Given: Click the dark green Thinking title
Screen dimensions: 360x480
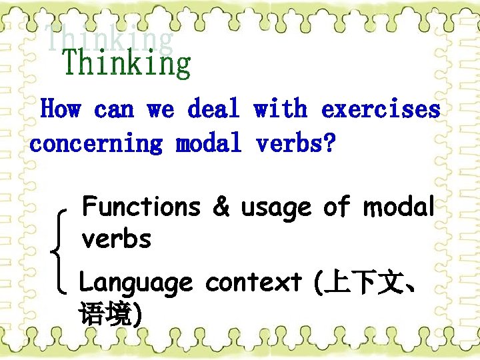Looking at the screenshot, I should pos(127,65).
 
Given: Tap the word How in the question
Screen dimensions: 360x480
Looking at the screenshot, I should pos(61,109).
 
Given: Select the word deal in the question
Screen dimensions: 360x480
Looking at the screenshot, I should pos(213,109).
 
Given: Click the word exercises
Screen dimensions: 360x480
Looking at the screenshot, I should pos(381,109).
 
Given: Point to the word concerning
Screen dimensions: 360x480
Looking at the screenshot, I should pos(96,143).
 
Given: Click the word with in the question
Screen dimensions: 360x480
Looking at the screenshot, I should pos(280,109).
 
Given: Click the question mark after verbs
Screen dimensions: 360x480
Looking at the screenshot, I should pos(329,143).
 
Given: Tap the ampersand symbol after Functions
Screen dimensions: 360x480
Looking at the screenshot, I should pos(221,208).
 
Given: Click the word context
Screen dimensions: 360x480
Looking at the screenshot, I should pos(253,283).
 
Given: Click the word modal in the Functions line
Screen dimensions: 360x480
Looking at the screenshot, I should pos(399,207).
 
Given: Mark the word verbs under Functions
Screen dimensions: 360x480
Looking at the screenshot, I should pos(116,239).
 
